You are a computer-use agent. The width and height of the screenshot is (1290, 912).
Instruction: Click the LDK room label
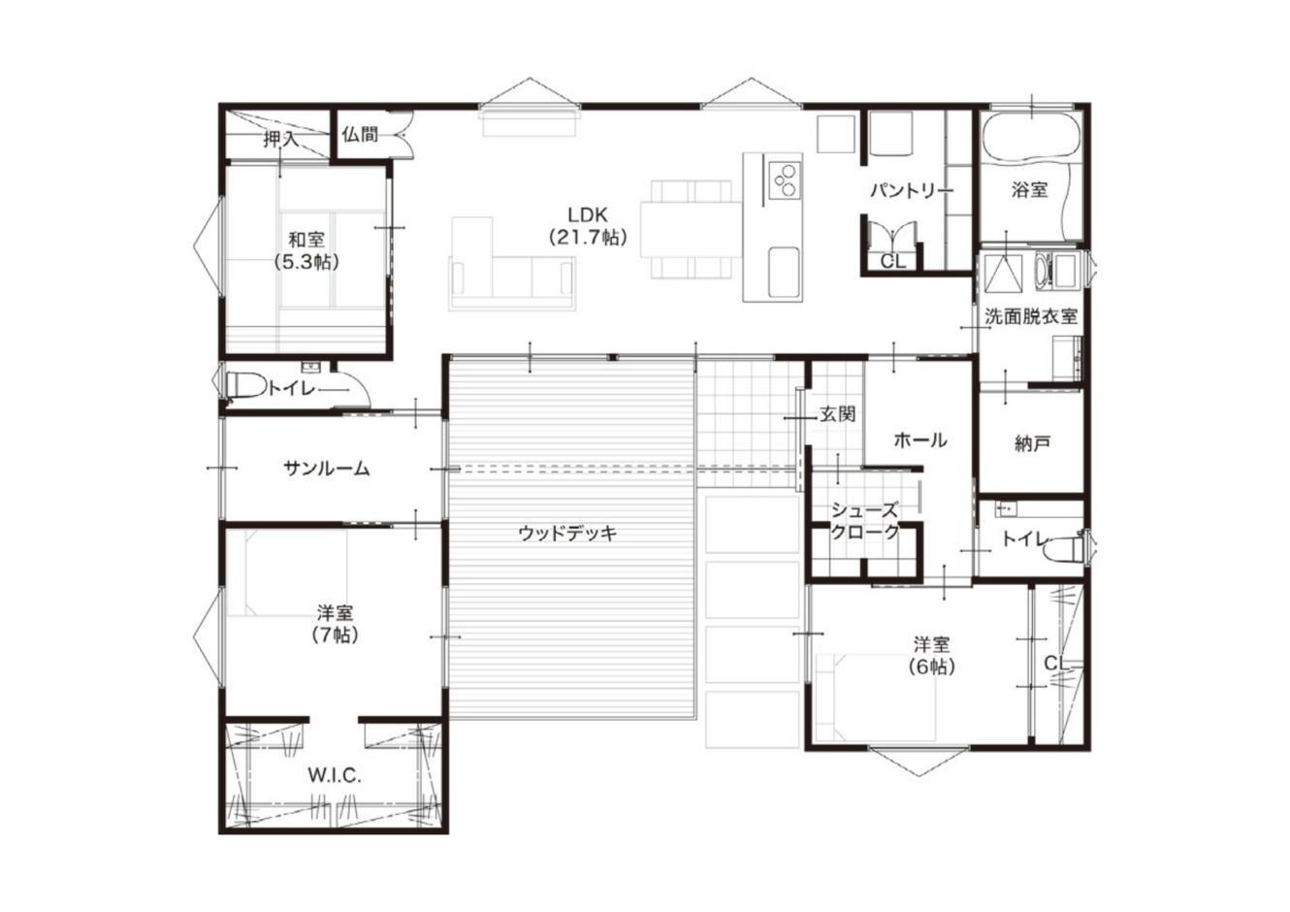coord(588,226)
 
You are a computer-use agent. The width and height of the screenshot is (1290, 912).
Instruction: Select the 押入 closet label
coord(281,139)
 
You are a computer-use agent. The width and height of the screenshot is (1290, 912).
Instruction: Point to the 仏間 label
coord(360,135)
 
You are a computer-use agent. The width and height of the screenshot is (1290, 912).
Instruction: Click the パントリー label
coord(912,190)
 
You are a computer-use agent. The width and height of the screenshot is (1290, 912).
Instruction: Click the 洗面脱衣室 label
coord(1031,316)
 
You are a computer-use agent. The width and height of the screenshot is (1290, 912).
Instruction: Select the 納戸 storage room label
coord(1031,442)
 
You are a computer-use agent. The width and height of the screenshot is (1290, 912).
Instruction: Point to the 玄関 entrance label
coord(837,413)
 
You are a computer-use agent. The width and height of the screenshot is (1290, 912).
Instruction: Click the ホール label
coord(920,440)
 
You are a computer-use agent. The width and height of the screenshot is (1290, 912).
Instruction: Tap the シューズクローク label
coord(865,521)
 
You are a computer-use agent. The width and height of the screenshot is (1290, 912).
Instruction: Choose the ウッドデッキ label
coord(567,534)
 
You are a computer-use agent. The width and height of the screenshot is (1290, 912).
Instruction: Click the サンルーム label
coord(327,469)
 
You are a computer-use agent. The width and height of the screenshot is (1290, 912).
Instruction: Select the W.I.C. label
coord(335,775)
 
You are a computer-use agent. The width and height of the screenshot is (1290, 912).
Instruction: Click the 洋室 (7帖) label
coord(336,623)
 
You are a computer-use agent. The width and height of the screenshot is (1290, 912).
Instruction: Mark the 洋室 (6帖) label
coord(932,655)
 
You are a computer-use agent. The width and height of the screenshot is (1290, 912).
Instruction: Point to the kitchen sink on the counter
coord(785,272)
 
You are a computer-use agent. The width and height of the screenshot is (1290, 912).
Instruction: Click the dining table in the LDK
coord(691,229)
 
